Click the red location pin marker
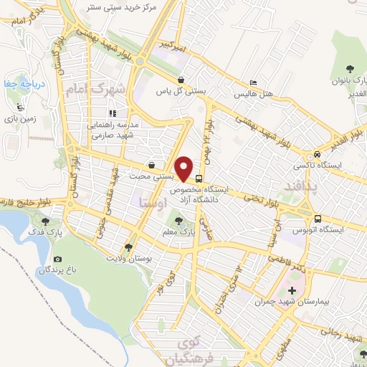click(x=186, y=168)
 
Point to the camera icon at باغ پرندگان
click(x=57, y=259)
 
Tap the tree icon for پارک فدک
click(x=46, y=221)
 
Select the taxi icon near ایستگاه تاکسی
click(x=316, y=154)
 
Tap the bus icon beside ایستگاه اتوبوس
click(x=316, y=218)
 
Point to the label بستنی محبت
click(x=152, y=175)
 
